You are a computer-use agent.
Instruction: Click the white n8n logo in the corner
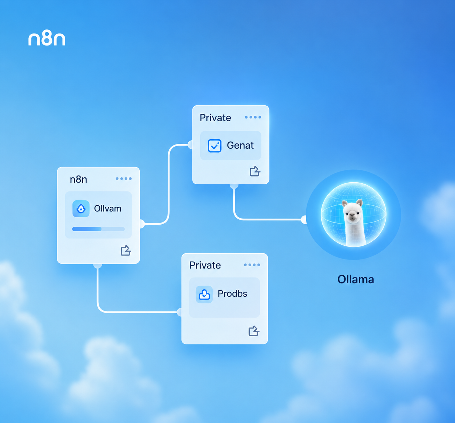(x=47, y=38)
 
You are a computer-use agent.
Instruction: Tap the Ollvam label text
(x=108, y=209)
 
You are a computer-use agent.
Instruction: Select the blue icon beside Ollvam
(x=81, y=209)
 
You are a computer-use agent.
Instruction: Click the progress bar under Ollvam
(x=98, y=229)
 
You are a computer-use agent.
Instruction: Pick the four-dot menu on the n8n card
(x=124, y=179)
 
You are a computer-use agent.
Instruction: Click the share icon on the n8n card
(x=126, y=250)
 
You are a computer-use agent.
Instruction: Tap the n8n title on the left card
(x=78, y=179)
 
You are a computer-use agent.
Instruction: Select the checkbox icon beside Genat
(x=215, y=146)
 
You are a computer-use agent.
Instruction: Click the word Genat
(x=240, y=146)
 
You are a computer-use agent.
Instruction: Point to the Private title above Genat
(x=215, y=118)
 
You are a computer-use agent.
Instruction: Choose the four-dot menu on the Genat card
(x=253, y=117)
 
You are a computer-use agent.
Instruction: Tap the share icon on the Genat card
(x=255, y=171)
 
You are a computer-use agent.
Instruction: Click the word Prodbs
(x=232, y=294)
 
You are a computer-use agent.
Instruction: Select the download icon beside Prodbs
(x=204, y=294)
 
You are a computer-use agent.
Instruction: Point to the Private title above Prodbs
(x=205, y=265)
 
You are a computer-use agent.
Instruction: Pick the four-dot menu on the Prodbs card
(x=252, y=265)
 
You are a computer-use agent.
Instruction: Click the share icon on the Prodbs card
(x=254, y=331)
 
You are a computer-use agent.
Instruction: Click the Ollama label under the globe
(x=356, y=280)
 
